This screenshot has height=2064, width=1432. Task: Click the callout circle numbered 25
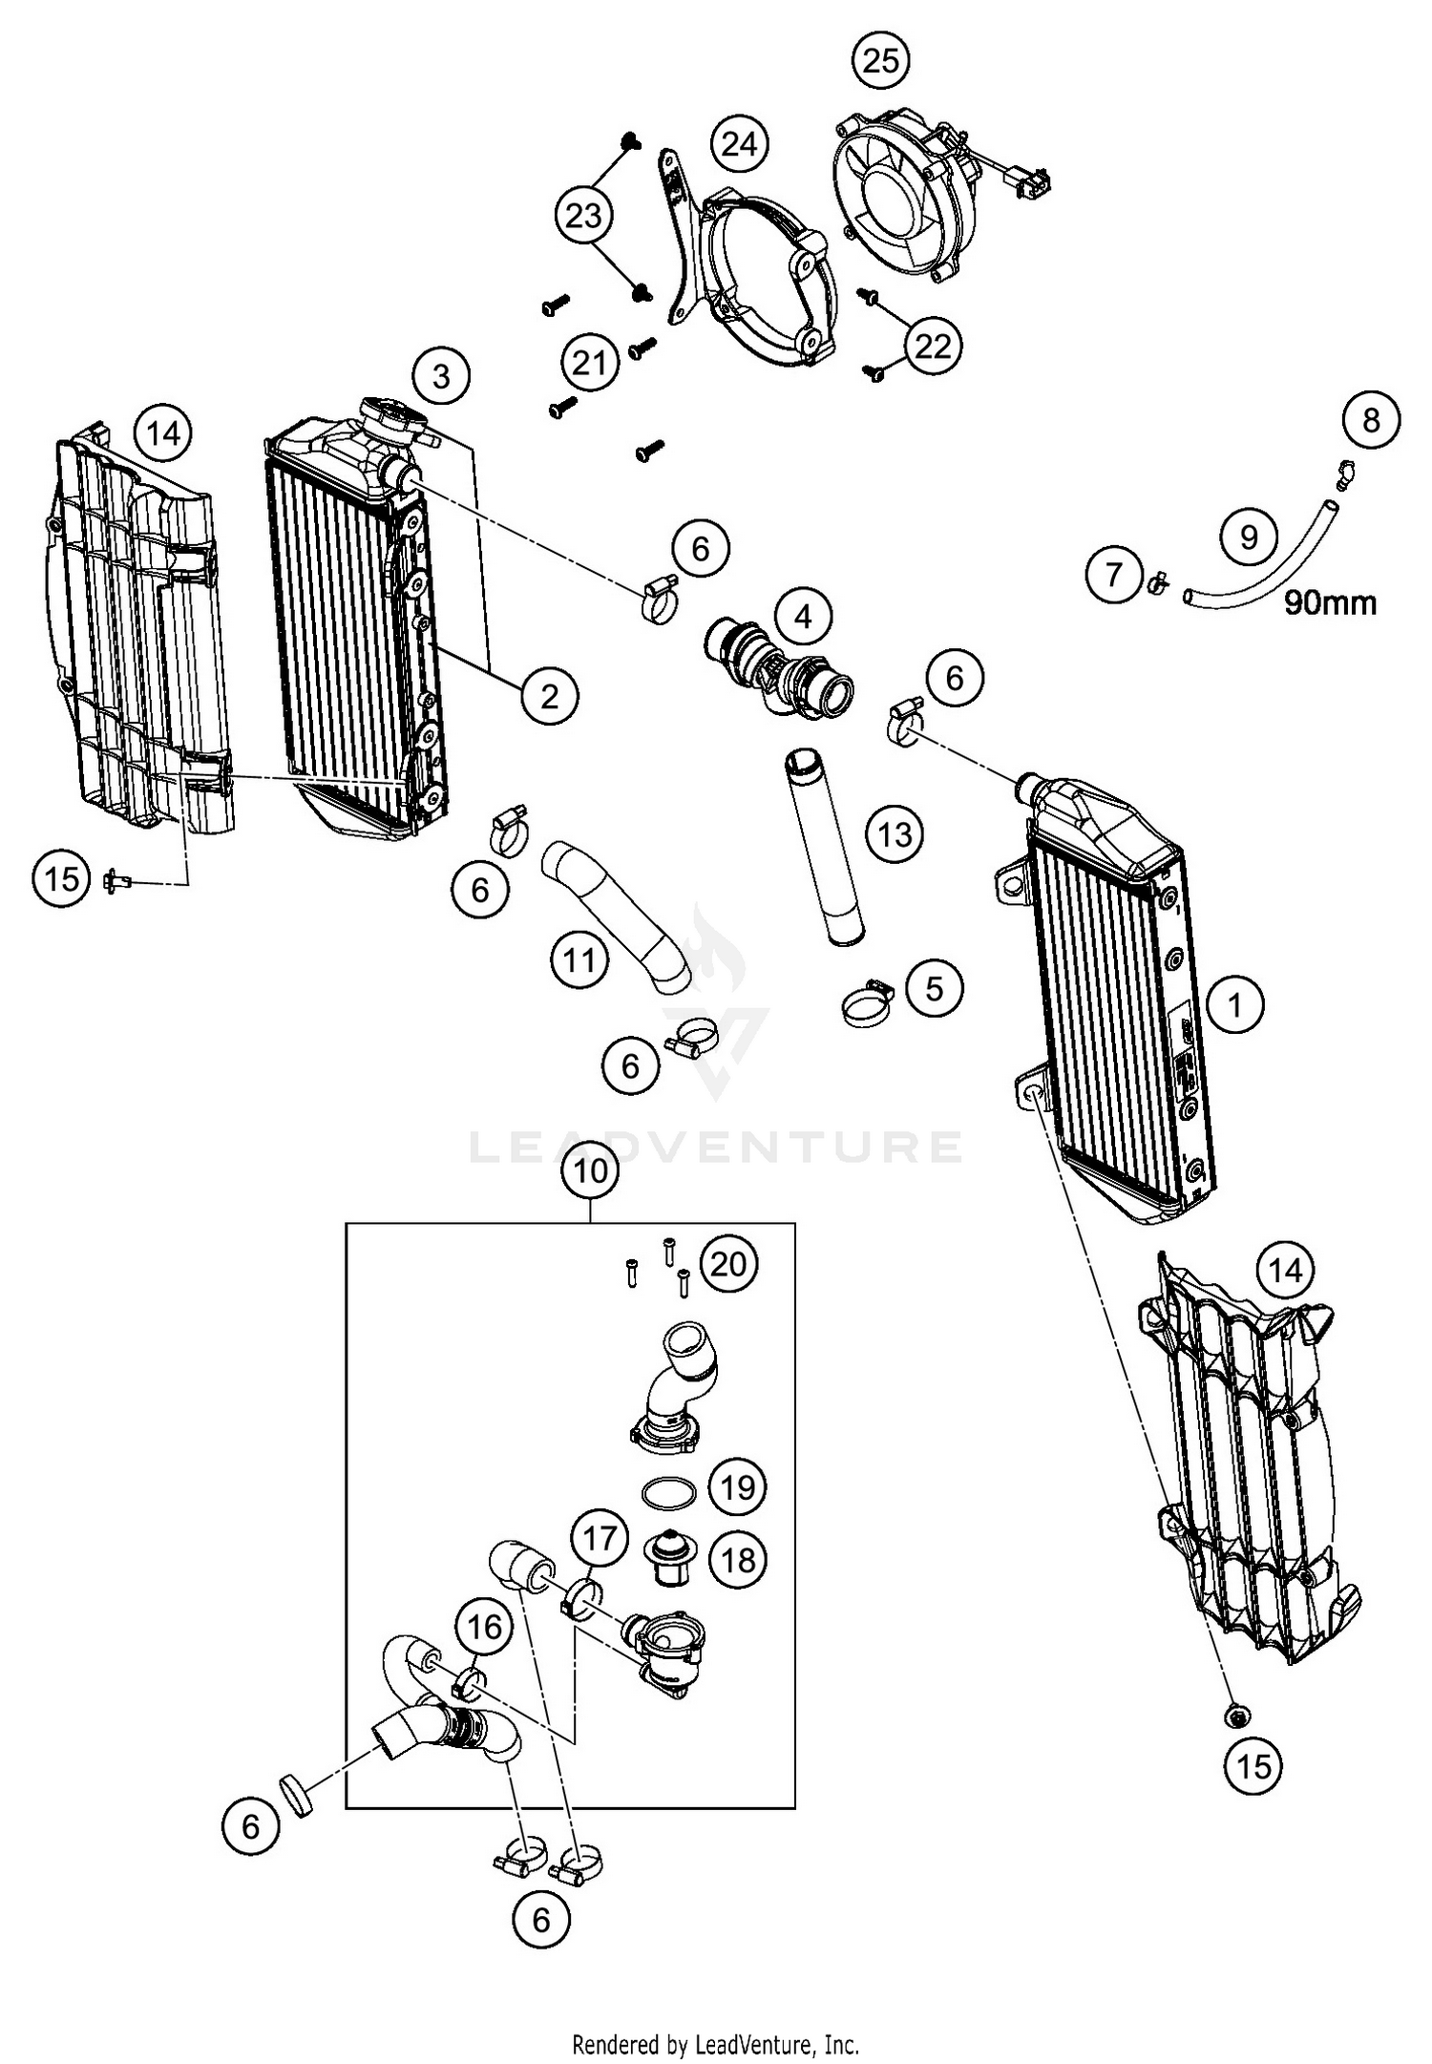coord(880,60)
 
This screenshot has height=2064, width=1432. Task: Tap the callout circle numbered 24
coord(739,144)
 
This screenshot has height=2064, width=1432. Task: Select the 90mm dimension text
coord(1330,602)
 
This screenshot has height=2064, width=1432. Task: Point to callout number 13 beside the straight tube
coord(895,835)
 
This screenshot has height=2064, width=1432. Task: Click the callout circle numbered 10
coord(591,1170)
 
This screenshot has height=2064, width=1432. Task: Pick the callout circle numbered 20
coord(727,1264)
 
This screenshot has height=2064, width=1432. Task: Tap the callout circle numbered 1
coord(1234,1004)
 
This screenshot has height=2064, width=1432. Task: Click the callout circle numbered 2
coord(549,696)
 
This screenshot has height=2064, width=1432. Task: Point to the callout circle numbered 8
coord(1371,420)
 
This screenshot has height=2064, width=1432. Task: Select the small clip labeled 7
coord(1158,580)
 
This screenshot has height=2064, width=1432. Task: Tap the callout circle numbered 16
coord(484,1626)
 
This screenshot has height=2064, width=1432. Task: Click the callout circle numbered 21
coord(589,363)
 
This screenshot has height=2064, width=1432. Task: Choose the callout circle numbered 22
coord(933,345)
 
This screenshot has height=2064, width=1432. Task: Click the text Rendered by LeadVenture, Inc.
coord(715,2044)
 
